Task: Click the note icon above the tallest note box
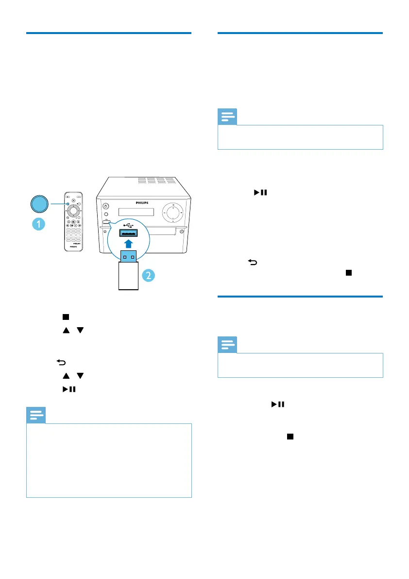35,416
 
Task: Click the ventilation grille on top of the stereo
156,180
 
